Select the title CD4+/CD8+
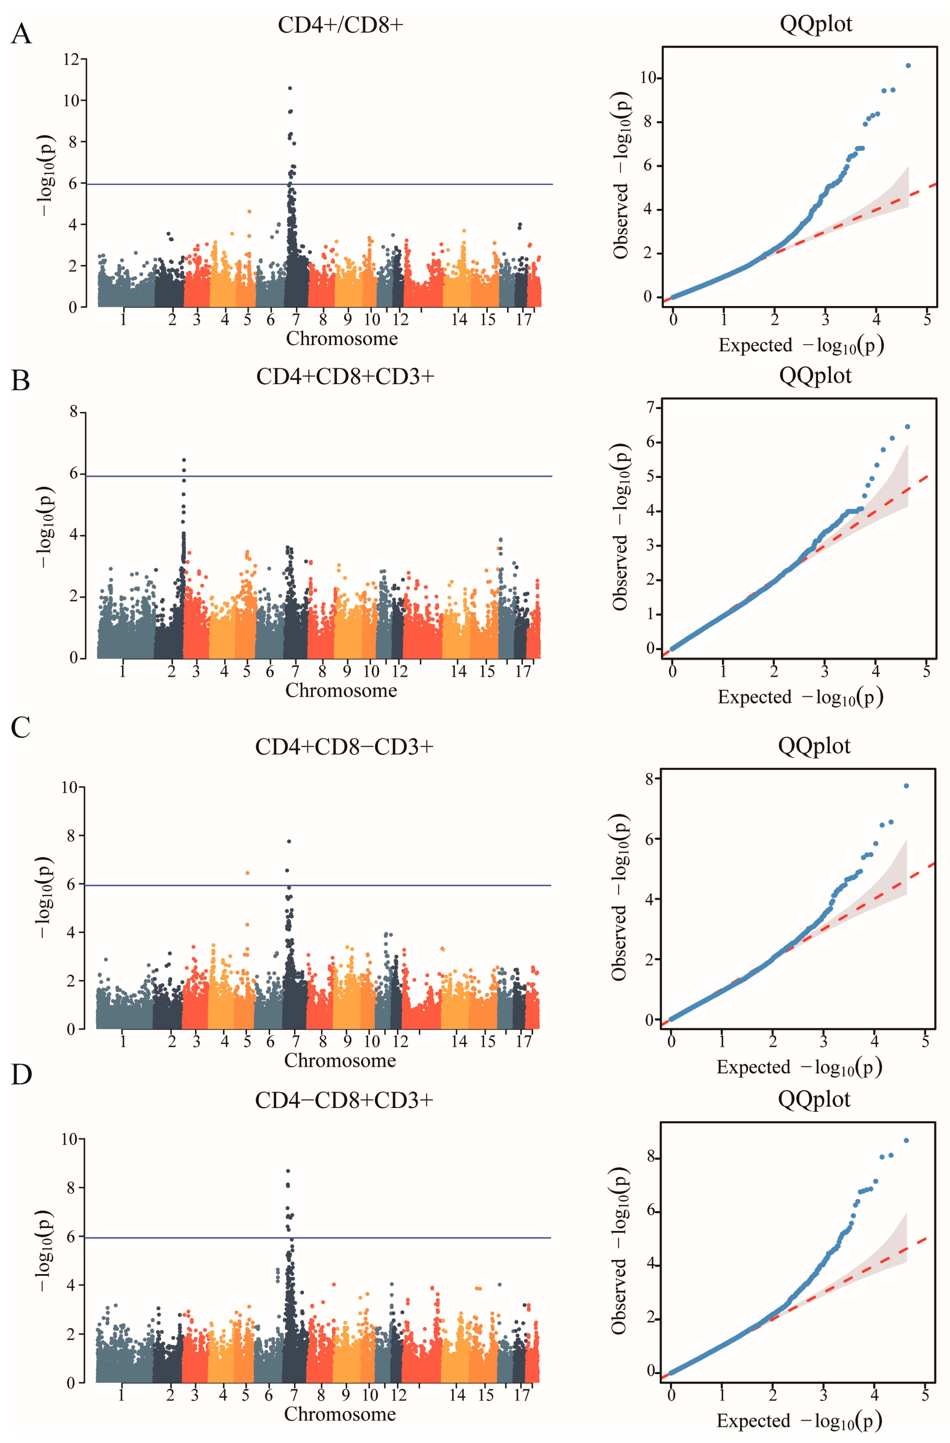(340, 25)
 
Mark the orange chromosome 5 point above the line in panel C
(247, 873)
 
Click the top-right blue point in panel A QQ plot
(908, 66)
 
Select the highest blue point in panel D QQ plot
(906, 1140)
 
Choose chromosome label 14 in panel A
(459, 319)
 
